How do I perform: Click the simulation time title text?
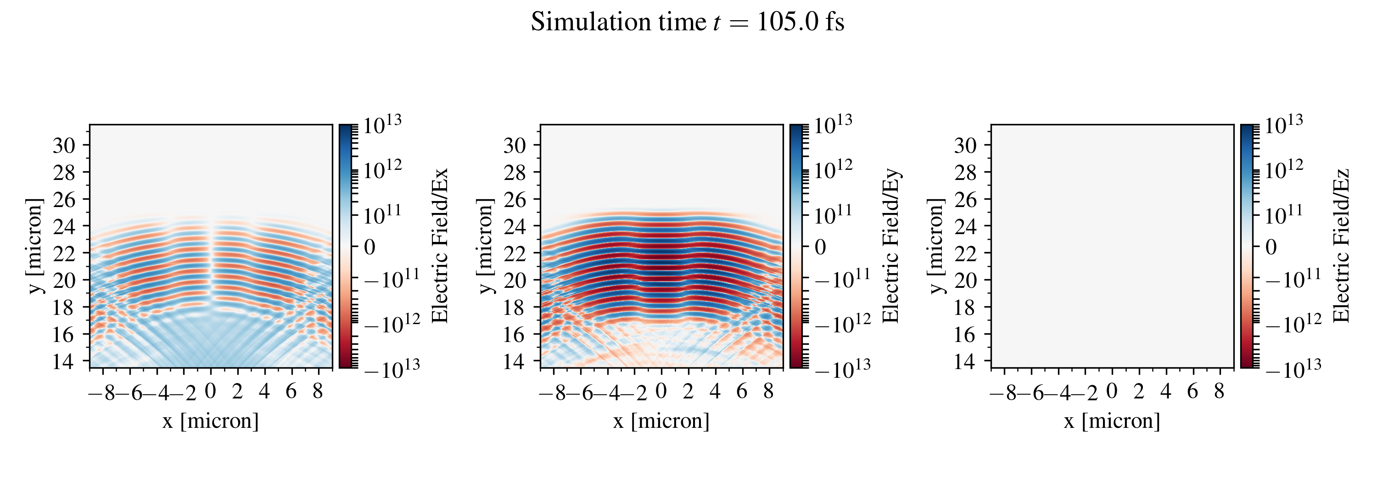click(688, 22)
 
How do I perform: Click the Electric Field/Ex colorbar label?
click(439, 246)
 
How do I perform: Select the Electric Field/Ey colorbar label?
click(890, 246)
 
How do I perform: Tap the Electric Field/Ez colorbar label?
click(1341, 246)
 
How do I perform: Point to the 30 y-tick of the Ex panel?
click(64, 146)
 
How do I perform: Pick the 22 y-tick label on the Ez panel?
click(965, 253)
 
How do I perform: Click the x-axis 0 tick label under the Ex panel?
click(211, 392)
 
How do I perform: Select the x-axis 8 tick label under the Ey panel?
click(768, 392)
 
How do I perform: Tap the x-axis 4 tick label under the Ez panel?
click(1165, 392)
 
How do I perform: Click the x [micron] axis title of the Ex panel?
click(211, 421)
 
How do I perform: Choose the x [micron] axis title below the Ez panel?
click(1112, 421)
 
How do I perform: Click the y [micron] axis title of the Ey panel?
click(485, 246)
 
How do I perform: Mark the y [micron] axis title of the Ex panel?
click(34, 246)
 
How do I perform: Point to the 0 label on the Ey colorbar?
click(820, 247)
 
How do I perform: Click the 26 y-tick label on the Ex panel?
click(64, 199)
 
